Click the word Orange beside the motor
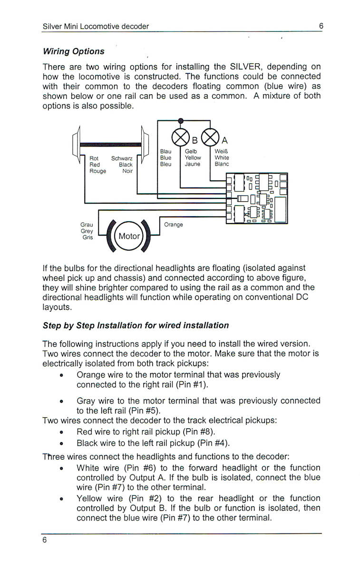[x=173, y=225]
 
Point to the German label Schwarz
[x=122, y=158]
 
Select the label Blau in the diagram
[x=165, y=151]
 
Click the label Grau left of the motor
[x=87, y=225]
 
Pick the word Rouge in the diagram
[x=98, y=171]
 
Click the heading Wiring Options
[x=74, y=51]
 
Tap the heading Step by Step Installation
[x=136, y=325]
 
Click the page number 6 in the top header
[x=321, y=26]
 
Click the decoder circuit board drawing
[x=257, y=198]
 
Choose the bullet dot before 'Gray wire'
[x=62, y=401]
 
